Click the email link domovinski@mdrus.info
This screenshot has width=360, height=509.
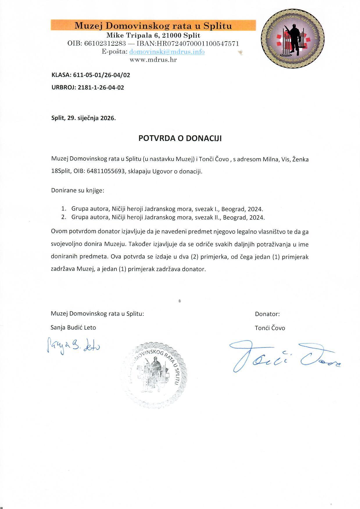click(167, 52)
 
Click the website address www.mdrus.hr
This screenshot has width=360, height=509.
click(153, 60)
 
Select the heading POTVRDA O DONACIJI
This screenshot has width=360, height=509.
click(180, 138)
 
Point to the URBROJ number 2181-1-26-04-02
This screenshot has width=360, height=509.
click(101, 87)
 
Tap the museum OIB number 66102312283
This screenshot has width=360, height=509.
click(105, 44)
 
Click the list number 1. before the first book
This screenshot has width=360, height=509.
click(63, 209)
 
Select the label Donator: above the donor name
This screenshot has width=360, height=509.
click(267, 314)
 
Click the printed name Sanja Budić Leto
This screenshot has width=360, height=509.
click(73, 328)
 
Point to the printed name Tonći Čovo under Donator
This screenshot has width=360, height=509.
click(270, 328)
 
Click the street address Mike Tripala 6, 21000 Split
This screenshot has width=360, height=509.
click(153, 35)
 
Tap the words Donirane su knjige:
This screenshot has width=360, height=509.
click(78, 191)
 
